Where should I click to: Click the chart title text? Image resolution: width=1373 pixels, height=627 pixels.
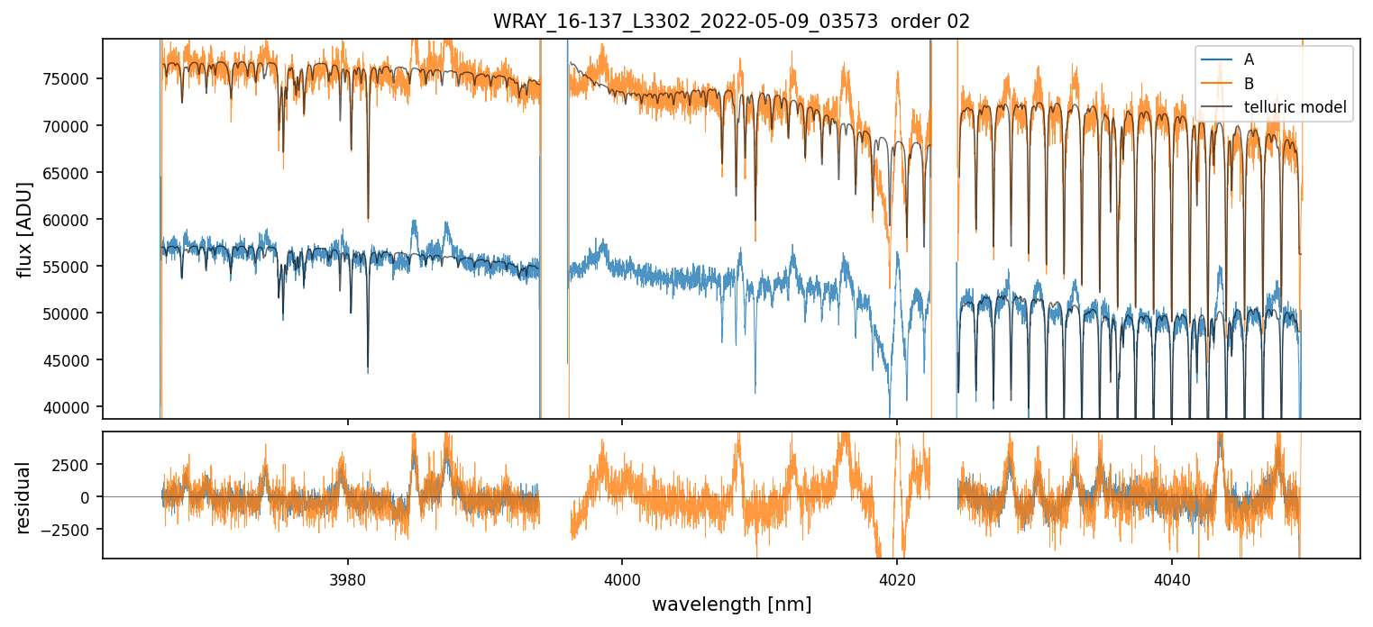coord(731,22)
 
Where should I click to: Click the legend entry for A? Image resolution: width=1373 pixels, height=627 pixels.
coord(1249,60)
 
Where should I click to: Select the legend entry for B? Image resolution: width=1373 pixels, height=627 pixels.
coord(1249,84)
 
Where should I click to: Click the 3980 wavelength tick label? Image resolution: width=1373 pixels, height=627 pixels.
coord(348,577)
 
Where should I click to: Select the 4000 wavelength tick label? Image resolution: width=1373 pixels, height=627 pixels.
coord(623,577)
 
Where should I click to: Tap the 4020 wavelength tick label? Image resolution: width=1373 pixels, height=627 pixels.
coord(897,577)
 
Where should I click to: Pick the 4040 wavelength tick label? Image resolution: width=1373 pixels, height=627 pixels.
coord(1171,577)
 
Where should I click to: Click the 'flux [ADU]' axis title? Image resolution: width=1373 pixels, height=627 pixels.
coord(24,229)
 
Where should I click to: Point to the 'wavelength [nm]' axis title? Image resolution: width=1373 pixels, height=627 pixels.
coord(731,604)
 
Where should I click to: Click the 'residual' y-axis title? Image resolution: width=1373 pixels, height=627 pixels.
coord(24,497)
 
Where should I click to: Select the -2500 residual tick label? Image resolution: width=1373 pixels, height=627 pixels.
coord(72,529)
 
